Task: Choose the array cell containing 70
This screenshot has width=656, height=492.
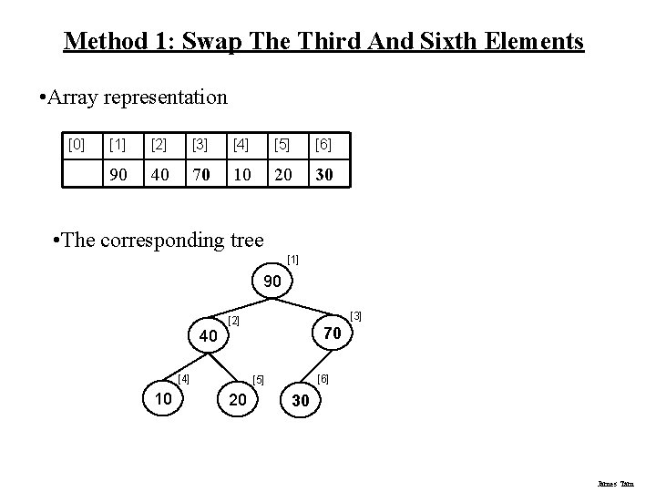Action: point(200,173)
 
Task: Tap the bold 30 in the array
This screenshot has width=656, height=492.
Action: point(324,173)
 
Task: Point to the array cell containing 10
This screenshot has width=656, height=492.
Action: point(241,173)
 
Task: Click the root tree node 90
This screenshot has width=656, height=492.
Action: point(273,283)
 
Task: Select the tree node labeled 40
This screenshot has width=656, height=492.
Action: point(209,337)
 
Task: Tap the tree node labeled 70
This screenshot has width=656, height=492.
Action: point(333,334)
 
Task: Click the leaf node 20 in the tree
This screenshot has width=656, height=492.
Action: point(239,399)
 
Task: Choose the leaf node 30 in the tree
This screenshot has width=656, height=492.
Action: point(301,400)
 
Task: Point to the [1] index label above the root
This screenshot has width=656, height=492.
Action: point(292,261)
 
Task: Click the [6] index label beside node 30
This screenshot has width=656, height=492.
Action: point(323,377)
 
